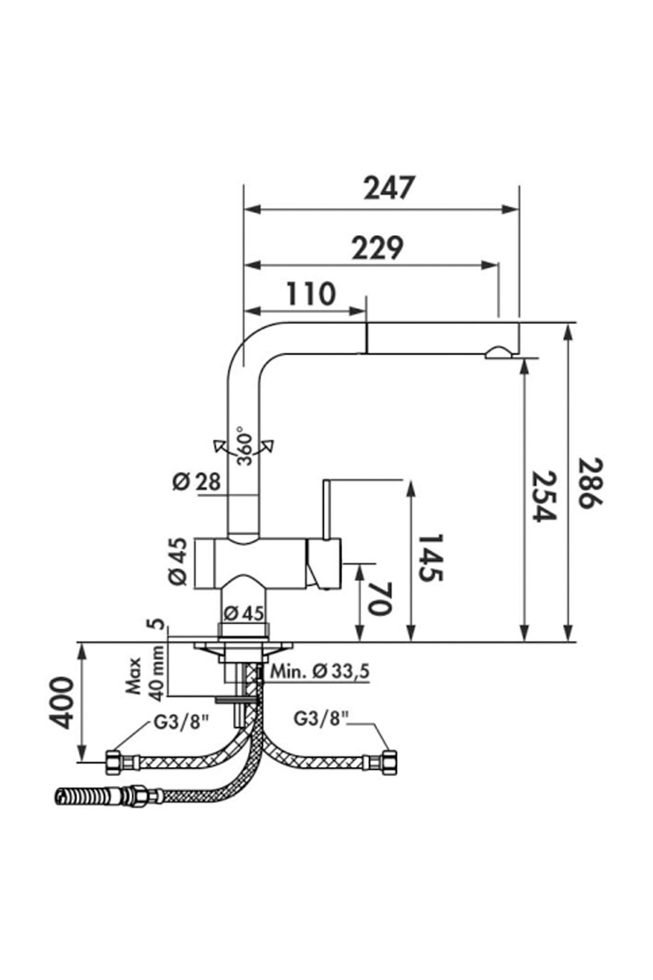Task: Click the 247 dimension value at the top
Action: (389, 188)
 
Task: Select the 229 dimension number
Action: (377, 248)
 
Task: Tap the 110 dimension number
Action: (310, 295)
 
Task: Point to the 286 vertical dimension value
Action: (592, 483)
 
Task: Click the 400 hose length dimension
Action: (61, 702)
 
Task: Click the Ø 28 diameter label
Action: (197, 482)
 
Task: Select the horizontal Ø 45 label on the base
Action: (244, 613)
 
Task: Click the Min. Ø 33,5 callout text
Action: (320, 671)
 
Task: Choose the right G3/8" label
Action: (321, 719)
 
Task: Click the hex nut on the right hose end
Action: (390, 762)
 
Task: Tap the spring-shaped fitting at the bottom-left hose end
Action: (78, 795)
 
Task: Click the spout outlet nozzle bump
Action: (499, 353)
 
